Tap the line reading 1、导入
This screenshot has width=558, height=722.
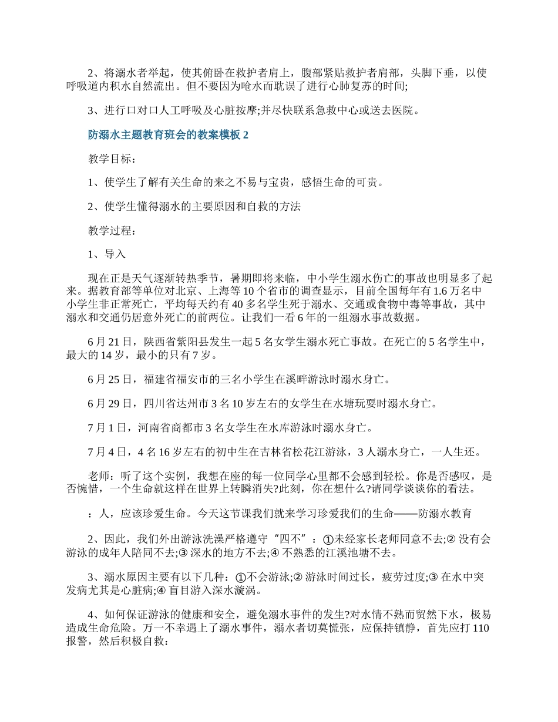click(107, 255)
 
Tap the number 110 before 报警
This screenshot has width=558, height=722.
click(480, 629)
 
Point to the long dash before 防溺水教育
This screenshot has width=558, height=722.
click(405, 514)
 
